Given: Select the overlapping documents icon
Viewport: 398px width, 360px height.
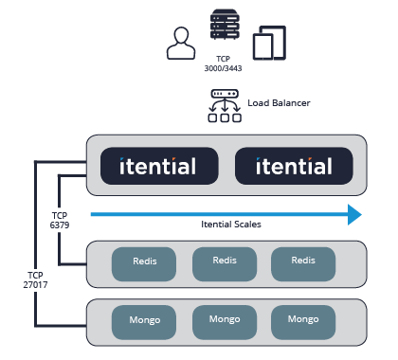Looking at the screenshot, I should [x=269, y=44].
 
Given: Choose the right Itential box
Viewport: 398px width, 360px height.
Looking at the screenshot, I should [x=294, y=167].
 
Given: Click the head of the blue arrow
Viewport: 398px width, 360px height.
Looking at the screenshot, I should [x=354, y=215].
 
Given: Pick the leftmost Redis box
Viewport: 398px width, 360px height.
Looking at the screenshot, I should [x=144, y=263].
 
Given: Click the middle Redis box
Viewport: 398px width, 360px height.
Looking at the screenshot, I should [x=225, y=263].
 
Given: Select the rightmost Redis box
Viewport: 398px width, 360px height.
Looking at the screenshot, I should [x=304, y=263].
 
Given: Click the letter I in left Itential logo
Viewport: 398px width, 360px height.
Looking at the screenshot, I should [x=123, y=167].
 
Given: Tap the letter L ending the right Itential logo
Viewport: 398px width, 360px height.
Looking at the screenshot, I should [x=328, y=167].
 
